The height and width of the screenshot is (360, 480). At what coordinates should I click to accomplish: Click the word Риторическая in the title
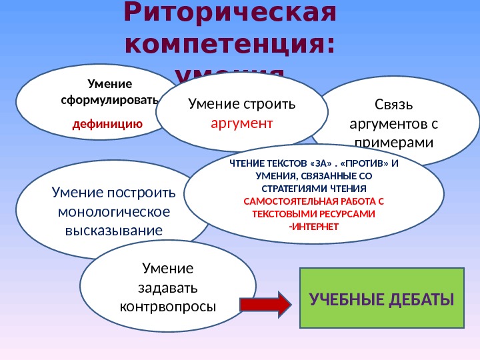pos(230,13)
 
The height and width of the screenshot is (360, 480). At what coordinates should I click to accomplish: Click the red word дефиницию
pos(107,123)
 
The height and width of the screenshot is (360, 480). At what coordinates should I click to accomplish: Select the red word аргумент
pos(242,123)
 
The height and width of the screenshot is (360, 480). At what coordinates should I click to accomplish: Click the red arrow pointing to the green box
pos(265,305)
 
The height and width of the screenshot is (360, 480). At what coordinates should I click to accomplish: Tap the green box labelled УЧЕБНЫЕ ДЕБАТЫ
pos(381,298)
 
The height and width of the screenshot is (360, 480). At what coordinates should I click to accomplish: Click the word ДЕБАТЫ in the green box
pos(417,299)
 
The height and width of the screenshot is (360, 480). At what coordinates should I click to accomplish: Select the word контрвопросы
pos(167,307)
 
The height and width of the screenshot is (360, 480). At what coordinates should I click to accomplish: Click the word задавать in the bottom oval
pos(167,288)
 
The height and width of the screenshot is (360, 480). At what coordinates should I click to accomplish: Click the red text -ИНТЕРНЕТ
pos(313,227)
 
